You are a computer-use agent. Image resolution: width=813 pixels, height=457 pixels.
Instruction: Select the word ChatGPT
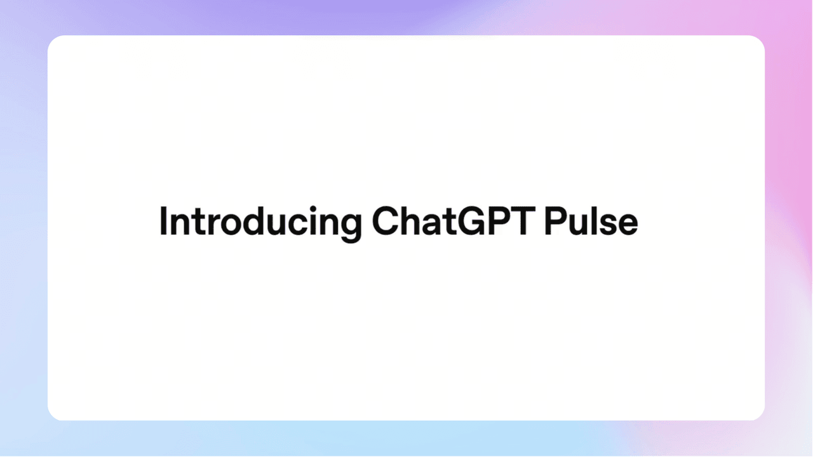(454, 221)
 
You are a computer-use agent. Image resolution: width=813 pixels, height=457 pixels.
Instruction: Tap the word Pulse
(591, 221)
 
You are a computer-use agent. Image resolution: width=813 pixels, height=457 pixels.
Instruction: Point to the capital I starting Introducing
(163, 221)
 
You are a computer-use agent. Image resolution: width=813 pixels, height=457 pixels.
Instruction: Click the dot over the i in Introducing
(313, 208)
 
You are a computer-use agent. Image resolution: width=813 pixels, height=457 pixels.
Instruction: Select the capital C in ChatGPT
(385, 221)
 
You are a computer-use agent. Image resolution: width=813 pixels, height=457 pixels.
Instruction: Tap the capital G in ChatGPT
(472, 221)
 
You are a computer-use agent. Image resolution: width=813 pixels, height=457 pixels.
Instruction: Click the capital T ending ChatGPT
(523, 221)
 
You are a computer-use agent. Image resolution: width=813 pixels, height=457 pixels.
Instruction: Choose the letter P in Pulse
(555, 221)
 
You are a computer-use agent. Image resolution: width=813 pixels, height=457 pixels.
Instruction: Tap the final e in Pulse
(629, 225)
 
